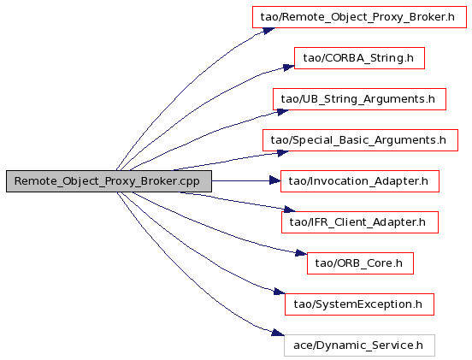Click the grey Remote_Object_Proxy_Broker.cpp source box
coord(109,181)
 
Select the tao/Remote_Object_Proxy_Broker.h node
coord(359,17)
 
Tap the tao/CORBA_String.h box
coord(359,58)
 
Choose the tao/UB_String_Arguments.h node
coord(359,99)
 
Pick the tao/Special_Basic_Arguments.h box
coord(360,140)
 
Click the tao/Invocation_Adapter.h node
coord(360,181)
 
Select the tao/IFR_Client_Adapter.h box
coord(360,222)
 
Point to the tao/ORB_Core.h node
coord(360,263)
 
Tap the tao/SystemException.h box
coord(359,304)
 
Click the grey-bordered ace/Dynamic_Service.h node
coord(359,345)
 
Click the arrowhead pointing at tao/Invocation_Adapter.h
coord(275,181)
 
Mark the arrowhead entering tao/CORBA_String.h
coord(289,67)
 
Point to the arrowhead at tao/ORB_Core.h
coord(301,253)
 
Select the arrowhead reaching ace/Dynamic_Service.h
coord(278,333)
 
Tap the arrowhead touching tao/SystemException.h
coord(280,292)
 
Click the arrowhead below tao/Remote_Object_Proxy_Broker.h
coord(268,31)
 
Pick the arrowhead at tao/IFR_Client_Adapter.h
coord(290,209)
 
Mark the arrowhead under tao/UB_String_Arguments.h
coord(283,112)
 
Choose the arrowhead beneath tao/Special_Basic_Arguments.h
coord(283,153)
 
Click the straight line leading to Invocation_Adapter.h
coord(240,181)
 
